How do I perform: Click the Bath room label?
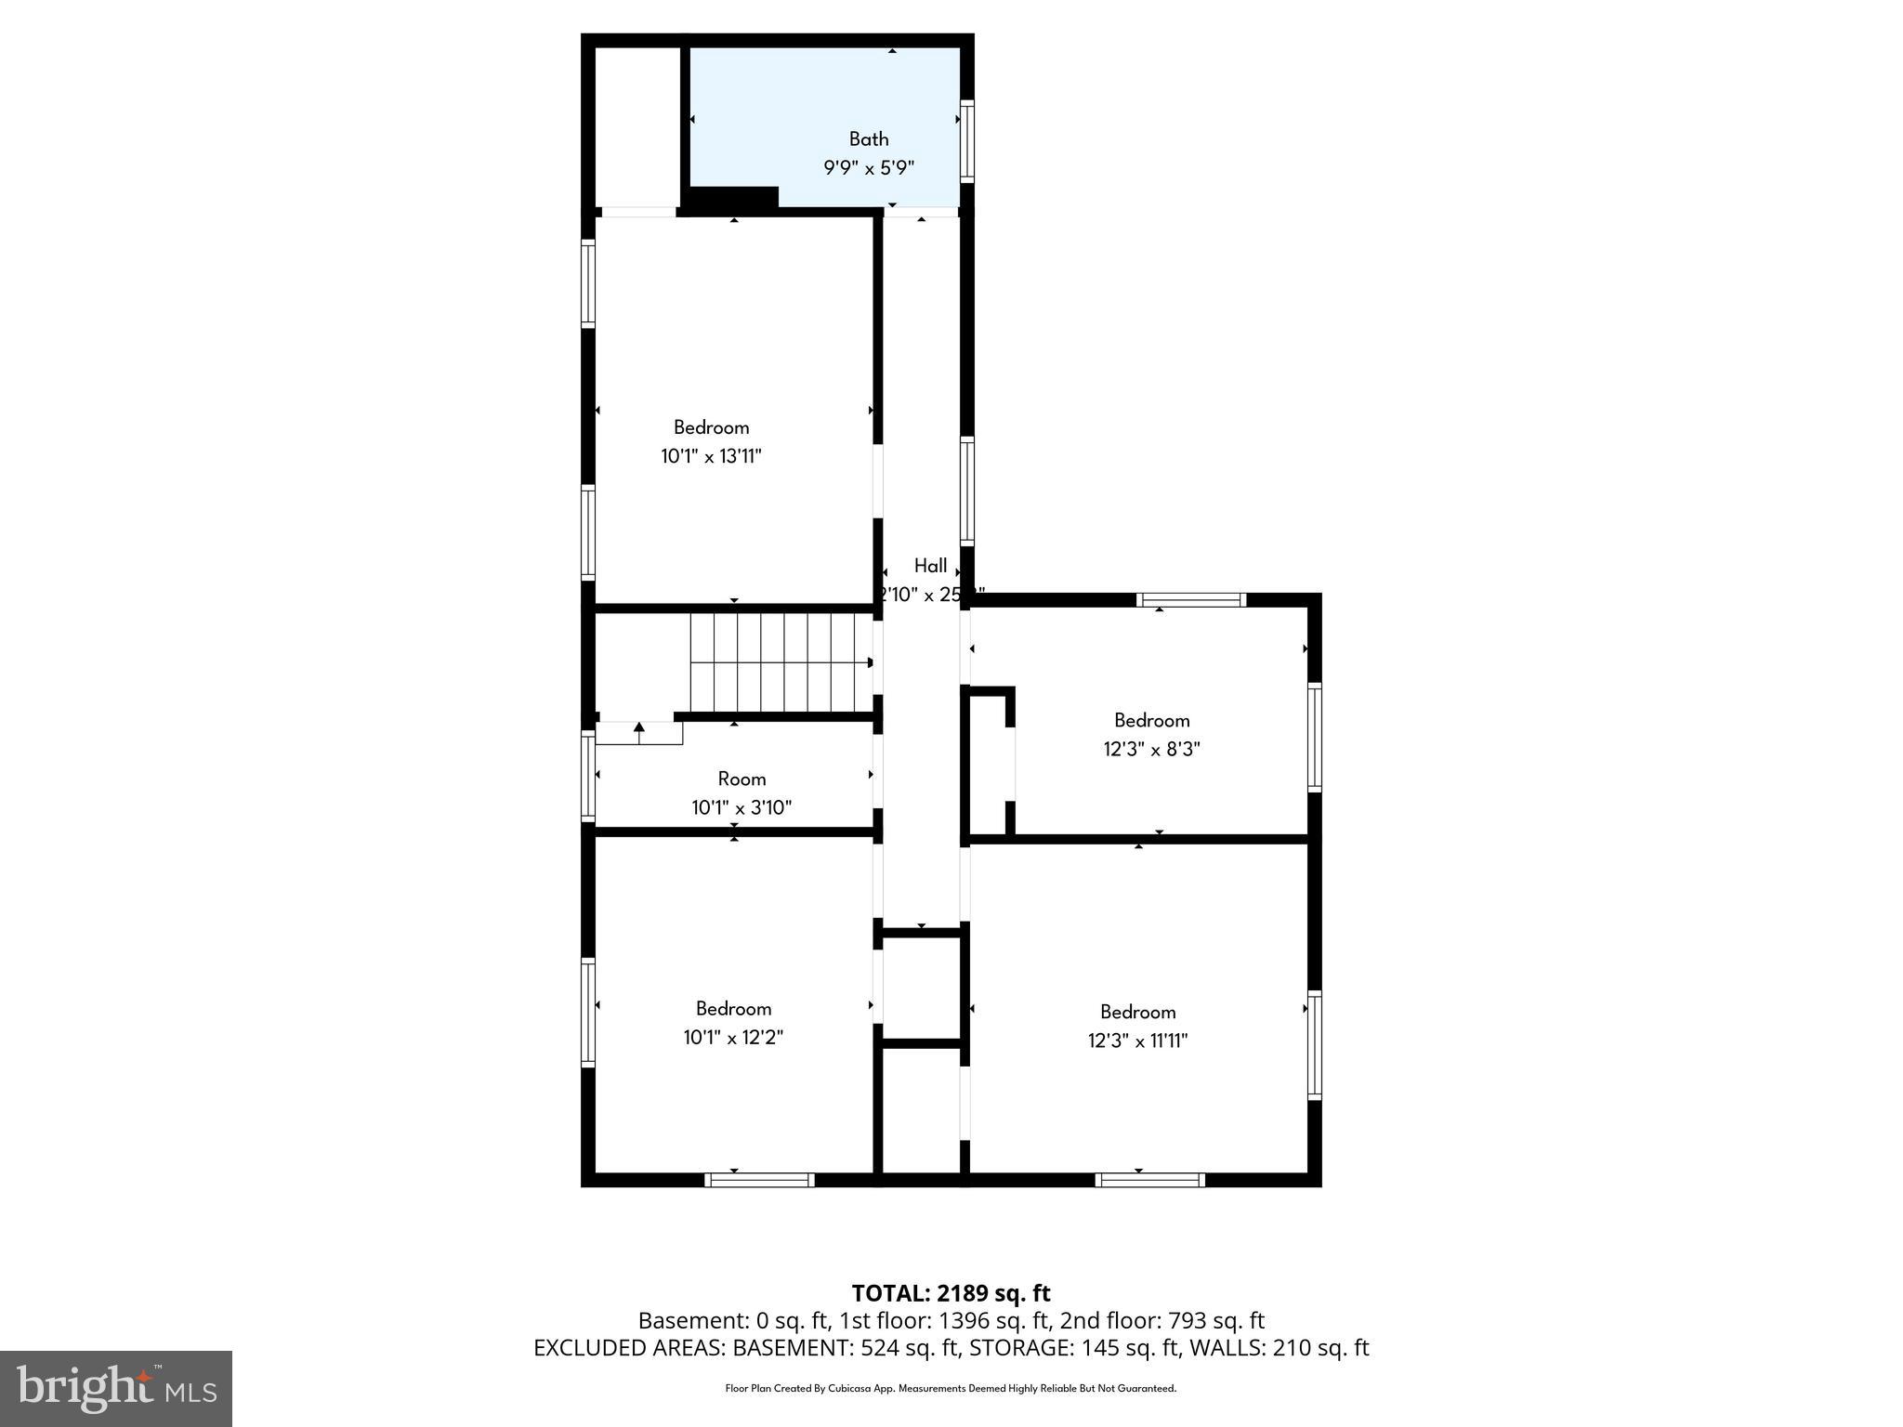[869, 139]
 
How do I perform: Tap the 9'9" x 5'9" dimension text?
[869, 168]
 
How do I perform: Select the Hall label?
[930, 566]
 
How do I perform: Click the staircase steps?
[781, 662]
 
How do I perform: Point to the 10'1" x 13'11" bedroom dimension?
[711, 456]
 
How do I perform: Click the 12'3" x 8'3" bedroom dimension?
[1151, 749]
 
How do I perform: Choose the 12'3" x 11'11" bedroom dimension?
[1137, 1041]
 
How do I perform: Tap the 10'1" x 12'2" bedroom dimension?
[733, 1037]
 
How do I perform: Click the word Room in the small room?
[742, 779]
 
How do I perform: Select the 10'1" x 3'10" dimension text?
[742, 807]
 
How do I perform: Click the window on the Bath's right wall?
[966, 140]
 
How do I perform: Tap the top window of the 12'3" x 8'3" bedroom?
[1190, 599]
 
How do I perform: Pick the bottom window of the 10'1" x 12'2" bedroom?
[759, 1180]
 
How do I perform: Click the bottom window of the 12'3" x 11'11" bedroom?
[1149, 1180]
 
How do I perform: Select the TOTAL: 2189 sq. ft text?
[951, 1293]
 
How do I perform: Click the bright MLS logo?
[116, 1388]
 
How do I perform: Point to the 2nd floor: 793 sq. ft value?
[1161, 1320]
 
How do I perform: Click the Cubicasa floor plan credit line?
[951, 1389]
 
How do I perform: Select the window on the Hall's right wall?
[966, 491]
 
